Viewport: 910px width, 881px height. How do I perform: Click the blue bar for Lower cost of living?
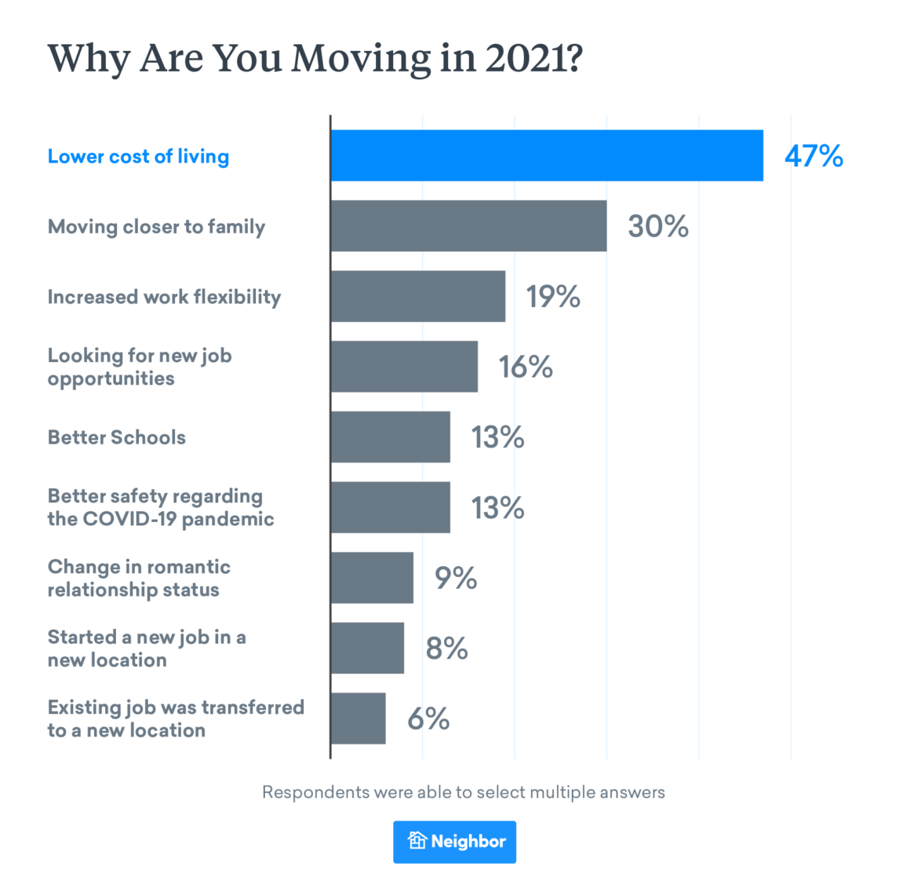click(x=546, y=155)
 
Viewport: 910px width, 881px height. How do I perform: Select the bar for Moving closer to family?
click(x=468, y=226)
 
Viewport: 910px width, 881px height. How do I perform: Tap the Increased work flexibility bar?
click(x=417, y=296)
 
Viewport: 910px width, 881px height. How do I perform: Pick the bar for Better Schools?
click(x=390, y=437)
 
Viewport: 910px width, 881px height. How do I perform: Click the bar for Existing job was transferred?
click(x=358, y=718)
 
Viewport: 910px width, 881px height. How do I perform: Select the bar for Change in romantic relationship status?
click(x=372, y=578)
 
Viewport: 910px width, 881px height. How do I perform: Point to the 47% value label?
click(x=814, y=155)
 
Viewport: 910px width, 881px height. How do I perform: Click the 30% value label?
click(x=657, y=226)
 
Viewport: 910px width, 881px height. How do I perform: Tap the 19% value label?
click(x=552, y=296)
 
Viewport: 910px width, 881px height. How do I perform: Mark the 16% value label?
click(x=526, y=367)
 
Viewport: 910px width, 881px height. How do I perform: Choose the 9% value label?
click(x=456, y=578)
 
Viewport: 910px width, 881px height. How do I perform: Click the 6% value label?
click(x=428, y=718)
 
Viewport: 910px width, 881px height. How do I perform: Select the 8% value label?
click(x=446, y=649)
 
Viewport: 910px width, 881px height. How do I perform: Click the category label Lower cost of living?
click(x=138, y=156)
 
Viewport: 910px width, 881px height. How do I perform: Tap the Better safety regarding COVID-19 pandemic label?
click(x=161, y=507)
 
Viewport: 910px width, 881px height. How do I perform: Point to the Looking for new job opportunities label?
click(x=140, y=367)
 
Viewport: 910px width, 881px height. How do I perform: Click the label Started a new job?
click(x=147, y=648)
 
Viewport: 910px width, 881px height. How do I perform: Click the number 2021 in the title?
click(x=528, y=58)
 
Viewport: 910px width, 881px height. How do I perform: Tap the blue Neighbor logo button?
click(x=455, y=842)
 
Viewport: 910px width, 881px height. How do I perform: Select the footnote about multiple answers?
click(x=463, y=792)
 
